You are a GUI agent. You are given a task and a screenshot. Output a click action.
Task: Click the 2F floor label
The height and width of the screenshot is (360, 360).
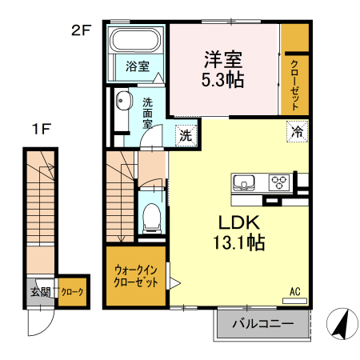click(82, 32)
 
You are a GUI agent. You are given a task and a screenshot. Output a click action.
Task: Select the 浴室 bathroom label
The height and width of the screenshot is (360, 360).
click(138, 67)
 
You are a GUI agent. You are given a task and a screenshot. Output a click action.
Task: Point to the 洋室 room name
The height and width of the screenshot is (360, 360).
click(223, 59)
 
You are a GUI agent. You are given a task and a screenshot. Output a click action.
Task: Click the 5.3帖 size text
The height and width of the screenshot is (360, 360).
click(223, 80)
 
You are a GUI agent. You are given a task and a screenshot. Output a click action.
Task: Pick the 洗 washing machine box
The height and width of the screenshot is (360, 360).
click(185, 135)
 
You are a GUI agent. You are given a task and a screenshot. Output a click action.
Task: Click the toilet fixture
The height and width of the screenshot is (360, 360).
click(151, 217)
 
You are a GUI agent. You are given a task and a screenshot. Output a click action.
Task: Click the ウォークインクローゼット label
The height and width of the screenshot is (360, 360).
click(135, 276)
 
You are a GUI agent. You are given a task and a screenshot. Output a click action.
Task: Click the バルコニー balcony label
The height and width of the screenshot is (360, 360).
click(262, 325)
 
